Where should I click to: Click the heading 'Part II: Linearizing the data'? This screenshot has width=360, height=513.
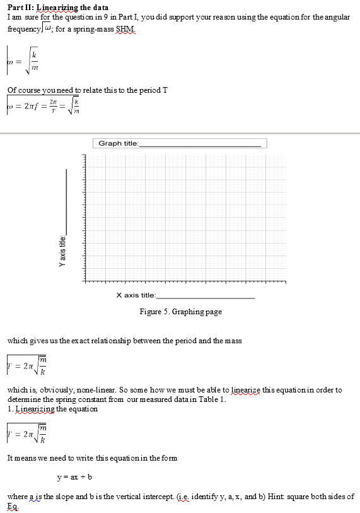click(x=57, y=7)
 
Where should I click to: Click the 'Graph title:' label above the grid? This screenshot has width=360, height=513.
click(x=118, y=143)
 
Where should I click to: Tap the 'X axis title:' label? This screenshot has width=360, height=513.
click(x=136, y=295)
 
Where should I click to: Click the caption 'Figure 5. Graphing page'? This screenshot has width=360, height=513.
click(x=180, y=312)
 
